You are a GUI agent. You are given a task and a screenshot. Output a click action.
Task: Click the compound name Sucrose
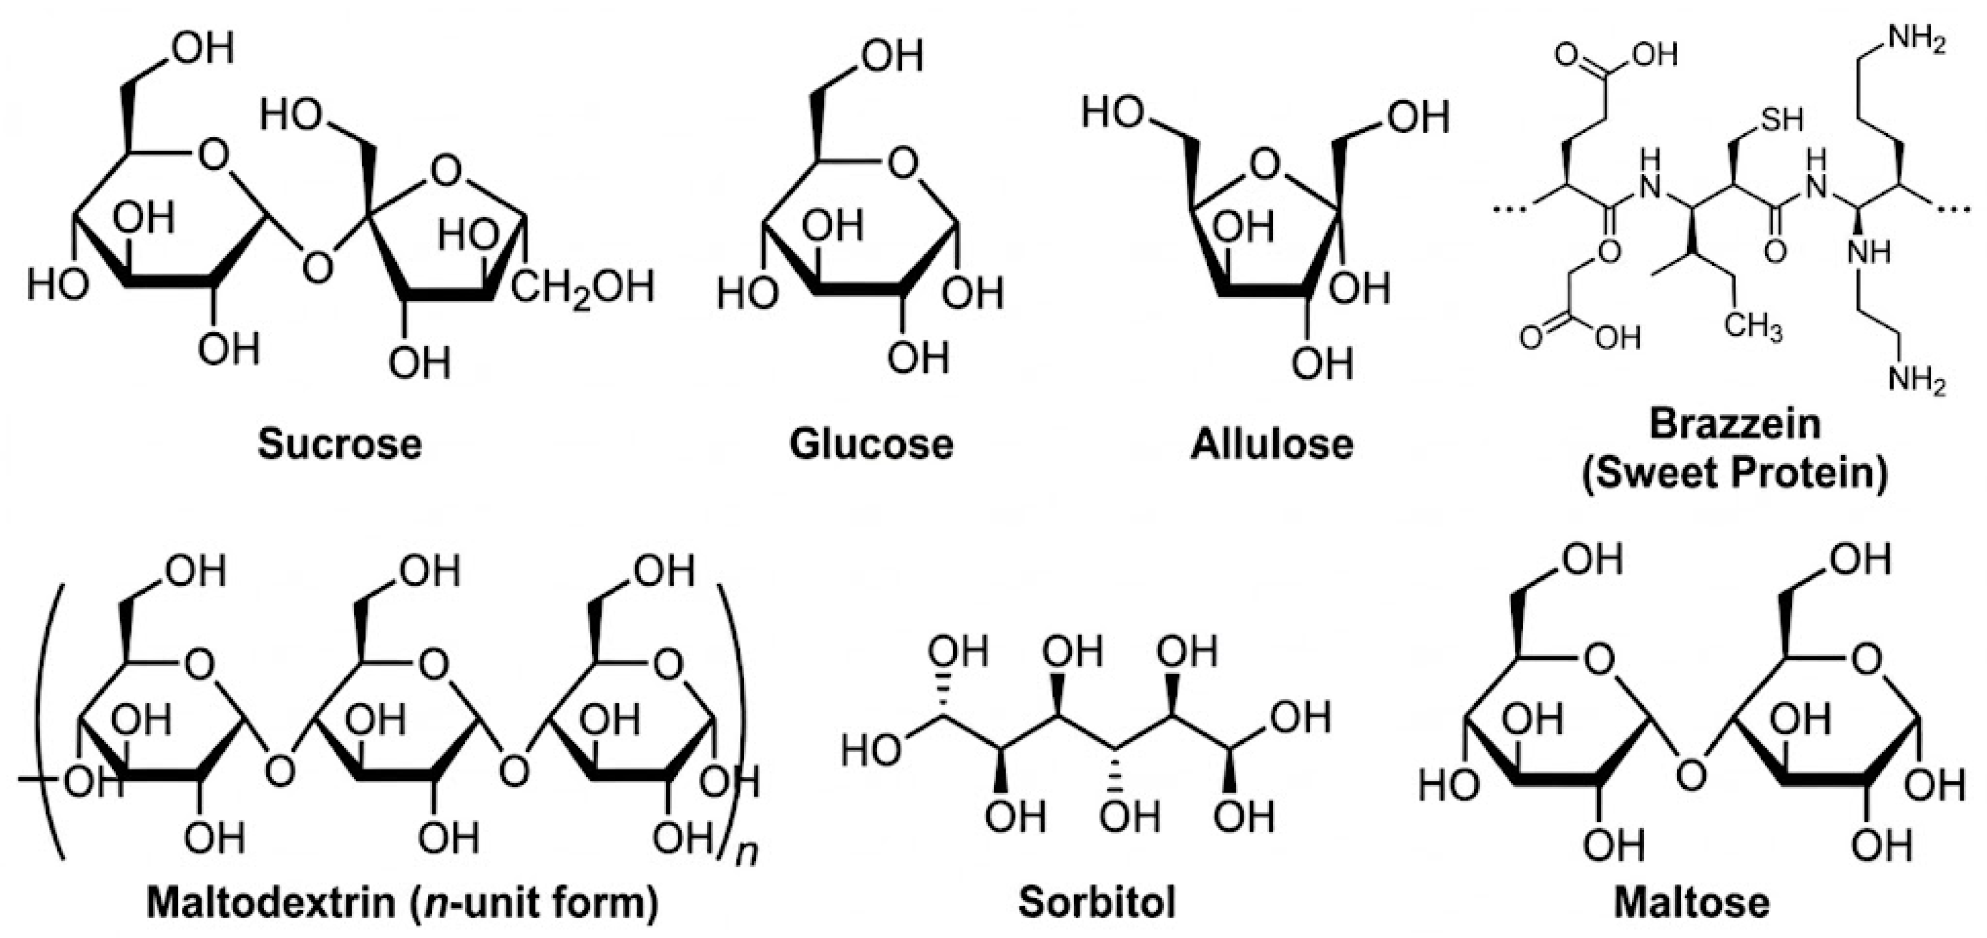click(339, 444)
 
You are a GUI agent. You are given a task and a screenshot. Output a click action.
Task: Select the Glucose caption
click(871, 444)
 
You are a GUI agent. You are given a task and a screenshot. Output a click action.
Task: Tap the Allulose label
click(1271, 444)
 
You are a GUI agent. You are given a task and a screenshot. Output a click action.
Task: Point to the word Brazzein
click(1734, 425)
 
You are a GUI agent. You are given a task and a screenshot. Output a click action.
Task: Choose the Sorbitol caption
click(1097, 902)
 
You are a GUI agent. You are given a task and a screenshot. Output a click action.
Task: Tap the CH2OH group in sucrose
click(583, 288)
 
